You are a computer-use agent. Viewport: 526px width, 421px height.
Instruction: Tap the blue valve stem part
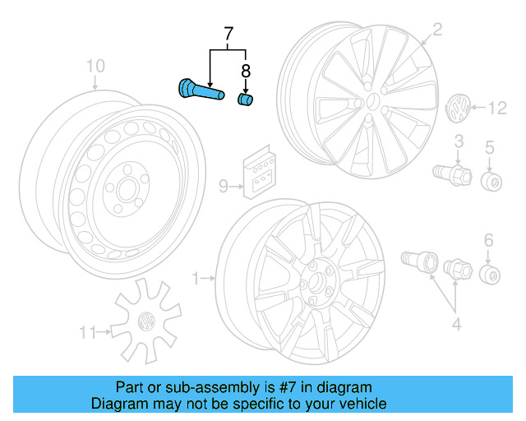click(x=201, y=90)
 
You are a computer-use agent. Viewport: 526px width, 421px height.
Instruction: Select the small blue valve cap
click(x=244, y=99)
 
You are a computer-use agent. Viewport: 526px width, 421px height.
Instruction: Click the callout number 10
click(x=95, y=65)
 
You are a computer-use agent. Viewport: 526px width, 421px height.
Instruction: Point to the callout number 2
click(x=437, y=30)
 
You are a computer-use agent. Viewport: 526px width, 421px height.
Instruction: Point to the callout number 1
click(x=196, y=280)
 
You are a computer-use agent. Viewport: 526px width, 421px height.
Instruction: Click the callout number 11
click(x=86, y=332)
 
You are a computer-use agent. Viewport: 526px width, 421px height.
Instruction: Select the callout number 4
click(x=456, y=324)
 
